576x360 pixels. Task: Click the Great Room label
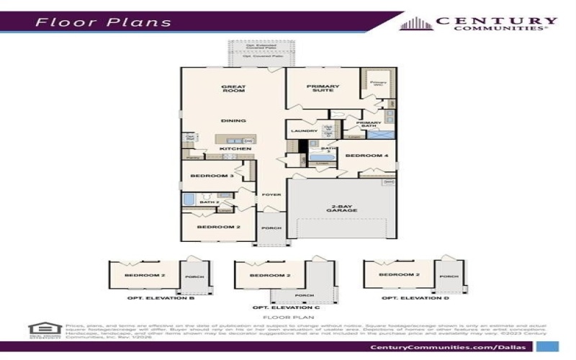[233, 90]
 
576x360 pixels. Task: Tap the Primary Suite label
[323, 90]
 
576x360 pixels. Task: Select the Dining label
[233, 121]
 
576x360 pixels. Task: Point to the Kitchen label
[230, 148]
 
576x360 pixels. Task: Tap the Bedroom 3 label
[212, 176]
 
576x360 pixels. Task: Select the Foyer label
[271, 194]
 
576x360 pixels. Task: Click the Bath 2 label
[209, 202]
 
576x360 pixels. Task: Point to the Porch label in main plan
[271, 229]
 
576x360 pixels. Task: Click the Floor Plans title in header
[103, 22]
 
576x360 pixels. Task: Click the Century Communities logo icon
[413, 24]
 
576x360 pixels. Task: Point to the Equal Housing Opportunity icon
[42, 330]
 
